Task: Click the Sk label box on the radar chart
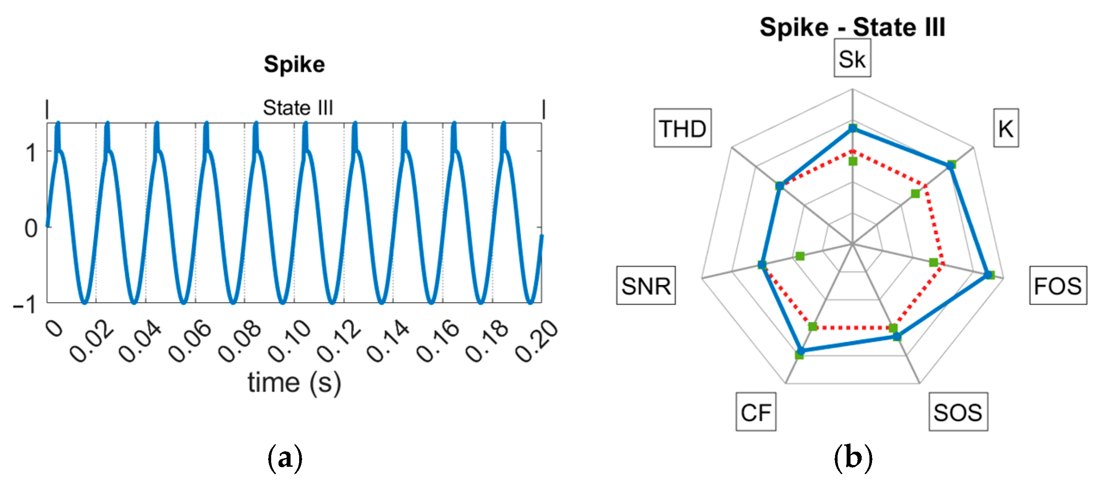click(852, 59)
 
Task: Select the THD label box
click(682, 128)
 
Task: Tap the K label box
click(1005, 128)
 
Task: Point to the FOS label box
click(1058, 285)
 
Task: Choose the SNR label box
click(646, 285)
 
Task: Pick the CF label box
click(755, 412)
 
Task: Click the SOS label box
click(958, 412)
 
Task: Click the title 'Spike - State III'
click(852, 27)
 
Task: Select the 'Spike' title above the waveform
click(294, 65)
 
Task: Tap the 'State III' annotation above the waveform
click(298, 108)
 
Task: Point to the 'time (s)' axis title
click(294, 382)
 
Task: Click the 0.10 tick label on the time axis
click(289, 341)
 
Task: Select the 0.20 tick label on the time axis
click(537, 341)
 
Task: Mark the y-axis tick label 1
click(31, 153)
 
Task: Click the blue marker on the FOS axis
click(989, 275)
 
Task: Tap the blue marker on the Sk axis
click(852, 128)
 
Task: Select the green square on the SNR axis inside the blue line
click(800, 256)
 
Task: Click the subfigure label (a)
click(285, 458)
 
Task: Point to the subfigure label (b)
click(853, 458)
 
